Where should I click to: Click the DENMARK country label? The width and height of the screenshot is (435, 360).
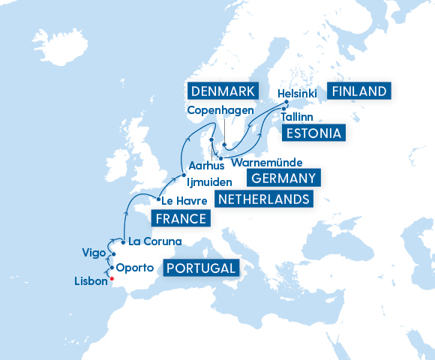click(x=221, y=91)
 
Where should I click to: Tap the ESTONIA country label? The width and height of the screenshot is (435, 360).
click(x=314, y=134)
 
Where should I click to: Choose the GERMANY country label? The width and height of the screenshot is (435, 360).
click(x=283, y=178)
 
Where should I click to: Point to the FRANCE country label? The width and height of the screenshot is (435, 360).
click(x=180, y=218)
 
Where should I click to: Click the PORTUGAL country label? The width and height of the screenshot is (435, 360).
click(x=201, y=268)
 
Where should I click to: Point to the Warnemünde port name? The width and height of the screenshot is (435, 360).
click(x=267, y=162)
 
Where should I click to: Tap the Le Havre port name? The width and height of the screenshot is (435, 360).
click(x=184, y=200)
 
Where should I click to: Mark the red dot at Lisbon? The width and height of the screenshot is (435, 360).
click(x=111, y=279)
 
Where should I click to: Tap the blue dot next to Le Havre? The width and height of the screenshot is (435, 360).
click(x=158, y=199)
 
